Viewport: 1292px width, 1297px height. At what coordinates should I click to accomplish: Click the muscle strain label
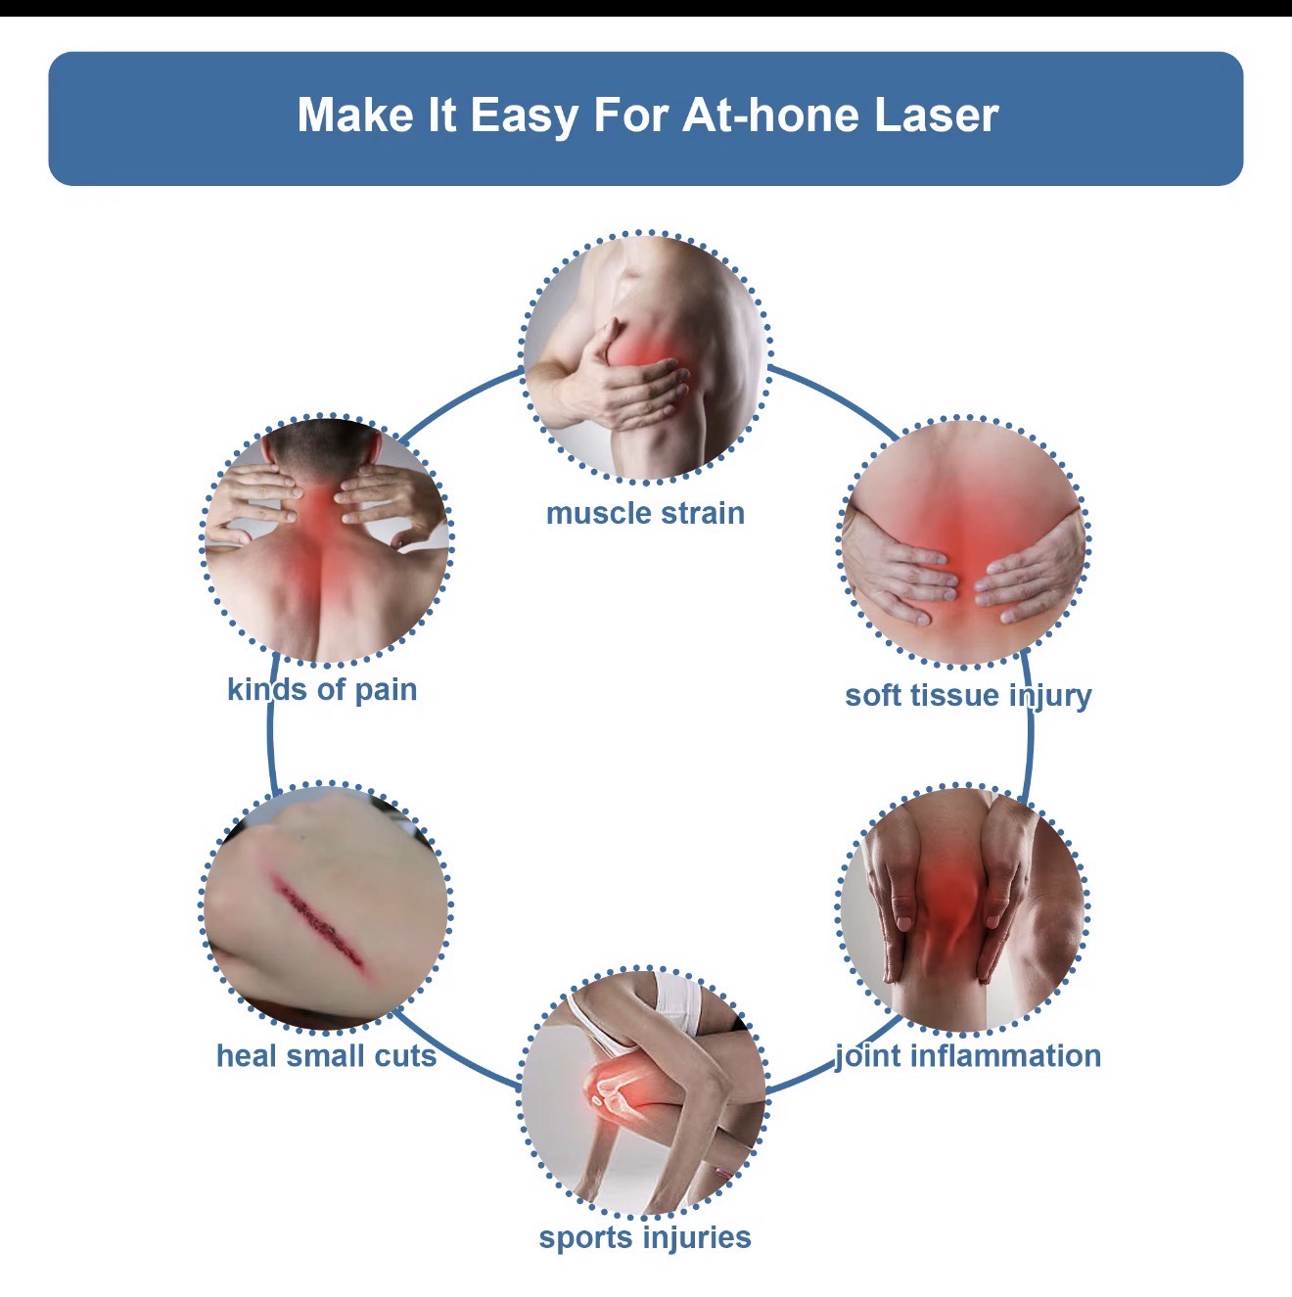[645, 513]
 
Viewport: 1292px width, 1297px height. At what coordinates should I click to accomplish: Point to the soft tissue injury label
[968, 695]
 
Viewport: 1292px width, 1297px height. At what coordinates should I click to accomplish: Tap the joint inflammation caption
[968, 1055]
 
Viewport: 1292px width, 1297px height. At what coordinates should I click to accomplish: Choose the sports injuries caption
[645, 1237]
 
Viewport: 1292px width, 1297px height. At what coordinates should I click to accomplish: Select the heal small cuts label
[326, 1055]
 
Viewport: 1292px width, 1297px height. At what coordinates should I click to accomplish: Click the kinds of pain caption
[322, 689]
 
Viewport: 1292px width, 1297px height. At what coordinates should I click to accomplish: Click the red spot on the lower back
[964, 548]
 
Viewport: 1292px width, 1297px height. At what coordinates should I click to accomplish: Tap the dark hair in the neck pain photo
[323, 440]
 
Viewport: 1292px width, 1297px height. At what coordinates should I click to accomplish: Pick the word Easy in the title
[525, 116]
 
